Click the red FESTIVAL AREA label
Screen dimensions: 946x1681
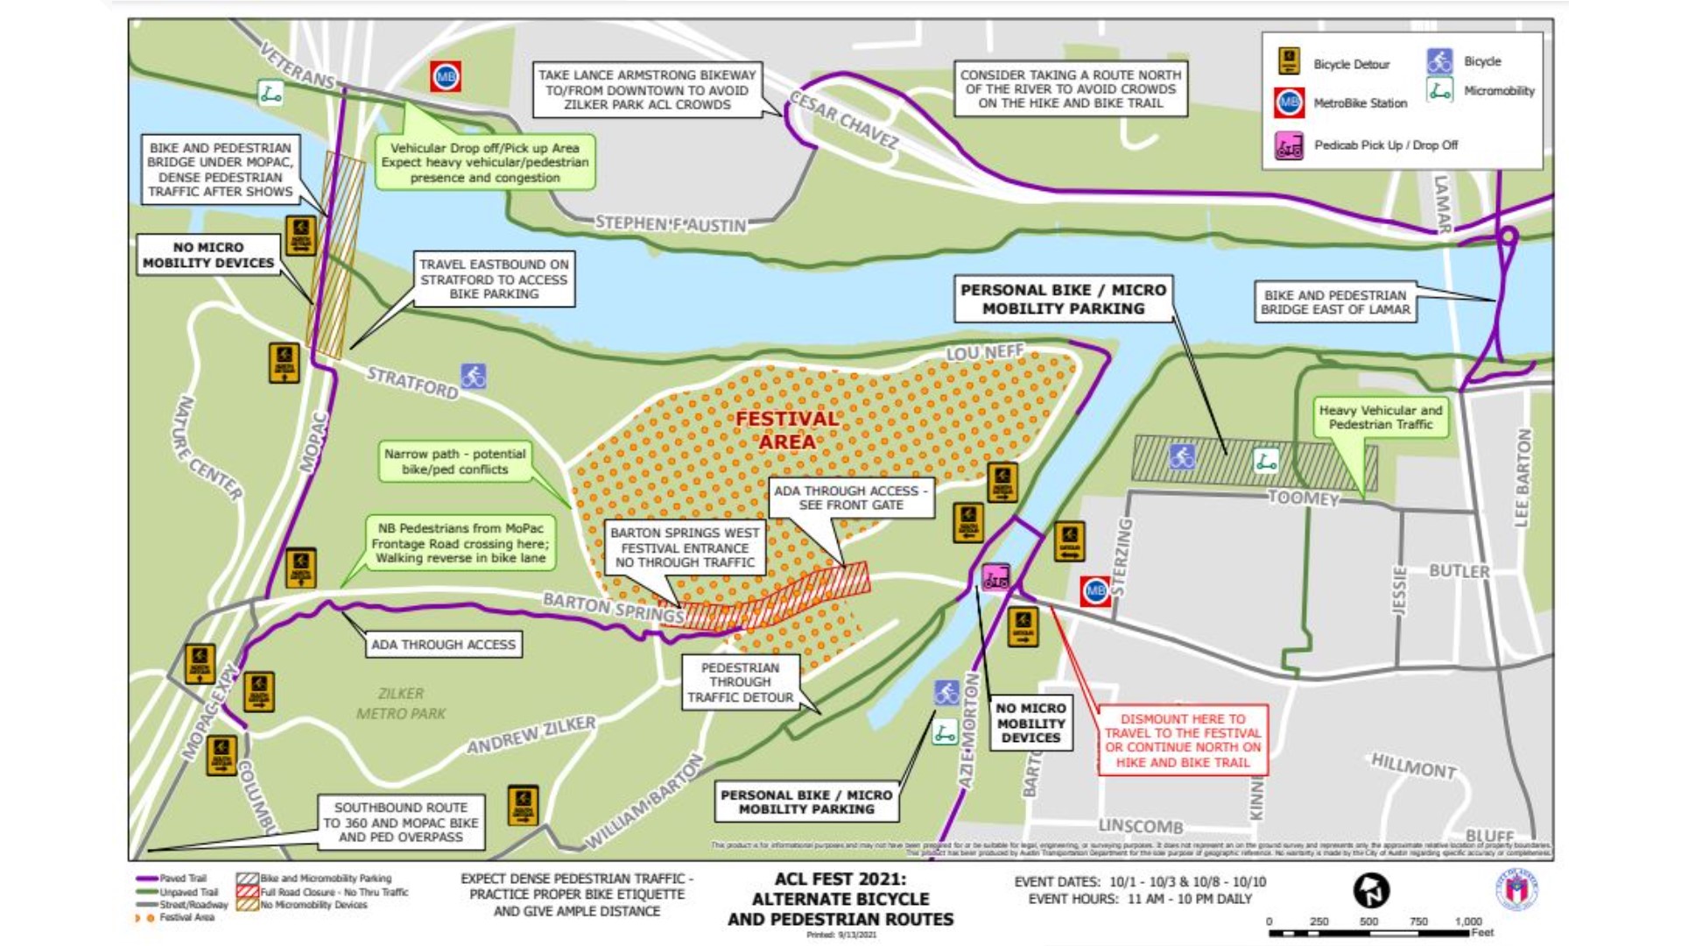[786, 430]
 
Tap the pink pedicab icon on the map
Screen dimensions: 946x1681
[995, 577]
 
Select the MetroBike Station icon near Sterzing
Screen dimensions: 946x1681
[1095, 591]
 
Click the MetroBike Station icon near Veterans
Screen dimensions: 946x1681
[446, 77]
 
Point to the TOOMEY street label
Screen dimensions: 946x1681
[1304, 498]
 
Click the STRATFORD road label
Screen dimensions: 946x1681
[411, 383]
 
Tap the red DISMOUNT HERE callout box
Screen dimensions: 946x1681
[1182, 740]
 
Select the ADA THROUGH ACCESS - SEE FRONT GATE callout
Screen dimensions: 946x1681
[850, 498]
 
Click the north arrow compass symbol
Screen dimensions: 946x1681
[1371, 891]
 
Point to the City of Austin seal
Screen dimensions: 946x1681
[1516, 890]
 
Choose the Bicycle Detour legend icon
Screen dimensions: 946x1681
[1289, 62]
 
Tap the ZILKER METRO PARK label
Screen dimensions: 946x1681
[401, 703]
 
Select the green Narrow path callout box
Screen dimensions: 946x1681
[455, 462]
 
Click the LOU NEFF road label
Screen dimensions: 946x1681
[985, 353]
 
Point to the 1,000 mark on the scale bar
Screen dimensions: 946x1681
[1468, 921]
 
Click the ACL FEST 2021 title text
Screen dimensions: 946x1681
[840, 879]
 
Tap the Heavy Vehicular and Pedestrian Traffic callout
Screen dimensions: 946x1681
[1380, 417]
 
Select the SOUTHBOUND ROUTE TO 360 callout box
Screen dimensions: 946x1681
[401, 822]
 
